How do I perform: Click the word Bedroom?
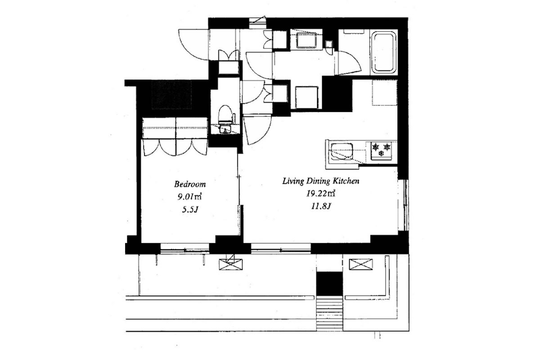[x=190, y=184]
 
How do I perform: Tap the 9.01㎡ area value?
[x=189, y=197]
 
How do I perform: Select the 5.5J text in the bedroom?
[x=190, y=210]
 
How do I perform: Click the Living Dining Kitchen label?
[x=321, y=181]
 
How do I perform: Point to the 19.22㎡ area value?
[x=320, y=193]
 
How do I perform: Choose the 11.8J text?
[x=320, y=207]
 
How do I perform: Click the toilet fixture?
[x=225, y=115]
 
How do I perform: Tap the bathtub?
[x=384, y=52]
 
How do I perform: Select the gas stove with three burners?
[x=381, y=150]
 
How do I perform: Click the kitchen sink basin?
[x=342, y=152]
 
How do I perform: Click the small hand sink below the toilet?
[x=225, y=130]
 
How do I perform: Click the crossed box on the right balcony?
[x=360, y=264]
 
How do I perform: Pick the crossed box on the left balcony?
[x=231, y=264]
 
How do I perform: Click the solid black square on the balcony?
[x=329, y=283]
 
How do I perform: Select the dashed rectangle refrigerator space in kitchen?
[x=384, y=93]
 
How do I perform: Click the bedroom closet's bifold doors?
[x=175, y=147]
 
